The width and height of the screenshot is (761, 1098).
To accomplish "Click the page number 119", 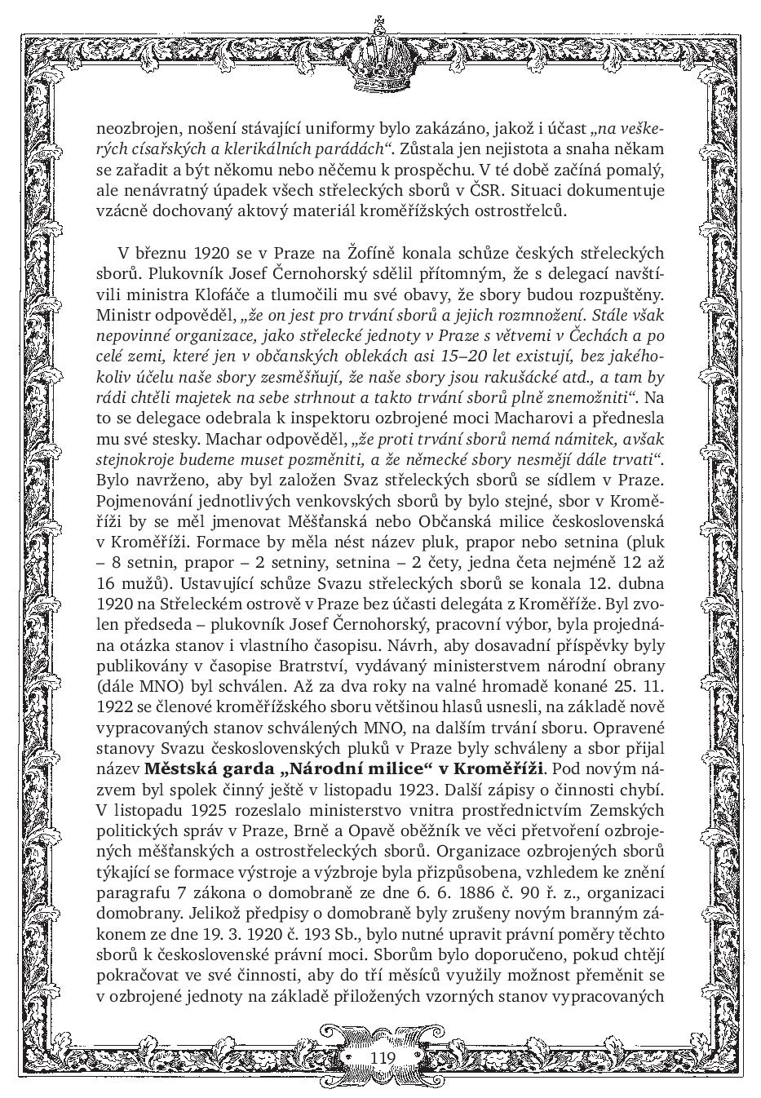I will (382, 1057).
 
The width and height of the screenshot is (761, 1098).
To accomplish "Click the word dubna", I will (640, 583).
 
